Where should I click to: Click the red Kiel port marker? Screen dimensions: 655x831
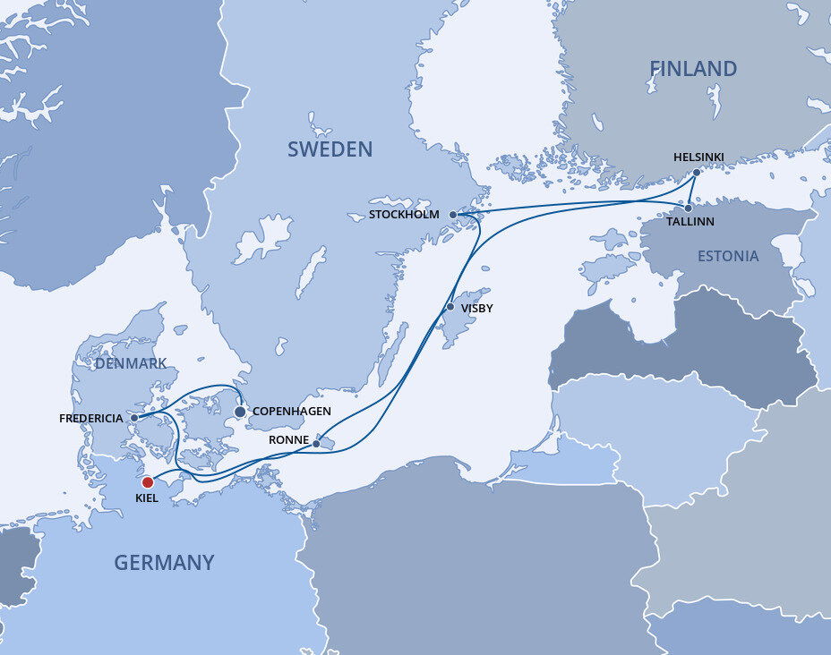(x=148, y=481)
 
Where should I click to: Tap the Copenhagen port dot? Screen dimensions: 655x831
(x=240, y=412)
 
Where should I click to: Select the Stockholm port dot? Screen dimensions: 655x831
(x=453, y=215)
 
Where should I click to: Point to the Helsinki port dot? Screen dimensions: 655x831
(x=698, y=172)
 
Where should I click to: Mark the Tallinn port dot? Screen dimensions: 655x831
(x=689, y=207)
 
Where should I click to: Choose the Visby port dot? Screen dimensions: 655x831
(x=450, y=308)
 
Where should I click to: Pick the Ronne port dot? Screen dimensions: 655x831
(x=316, y=443)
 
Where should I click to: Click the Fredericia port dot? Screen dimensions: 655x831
(x=134, y=418)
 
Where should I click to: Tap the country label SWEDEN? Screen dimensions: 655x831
(x=330, y=149)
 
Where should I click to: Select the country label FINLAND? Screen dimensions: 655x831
(x=693, y=69)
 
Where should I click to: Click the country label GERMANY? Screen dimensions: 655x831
(x=164, y=563)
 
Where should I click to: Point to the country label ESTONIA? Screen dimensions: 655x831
(x=728, y=257)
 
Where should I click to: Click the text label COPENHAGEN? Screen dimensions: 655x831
(x=292, y=412)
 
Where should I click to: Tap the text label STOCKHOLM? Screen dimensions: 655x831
(x=404, y=215)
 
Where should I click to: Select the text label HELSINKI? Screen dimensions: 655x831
(x=698, y=157)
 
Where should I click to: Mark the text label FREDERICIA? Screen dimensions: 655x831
(x=91, y=418)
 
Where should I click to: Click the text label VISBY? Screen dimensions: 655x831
(x=477, y=309)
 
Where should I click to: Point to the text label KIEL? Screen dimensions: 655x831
(x=146, y=498)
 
